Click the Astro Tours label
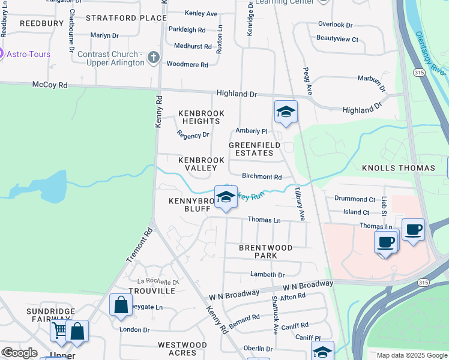click(28, 54)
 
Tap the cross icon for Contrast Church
click(154, 58)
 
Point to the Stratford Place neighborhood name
click(126, 18)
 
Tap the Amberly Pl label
click(251, 131)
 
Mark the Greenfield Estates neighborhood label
click(251, 149)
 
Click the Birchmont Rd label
click(262, 177)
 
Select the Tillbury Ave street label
click(298, 204)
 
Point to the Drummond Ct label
click(355, 199)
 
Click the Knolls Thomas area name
click(399, 168)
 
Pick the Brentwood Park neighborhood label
click(265, 251)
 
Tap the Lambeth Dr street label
click(267, 274)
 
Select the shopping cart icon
click(59, 330)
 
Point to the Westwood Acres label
click(182, 349)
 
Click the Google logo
click(19, 353)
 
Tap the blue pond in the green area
click(51, 187)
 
